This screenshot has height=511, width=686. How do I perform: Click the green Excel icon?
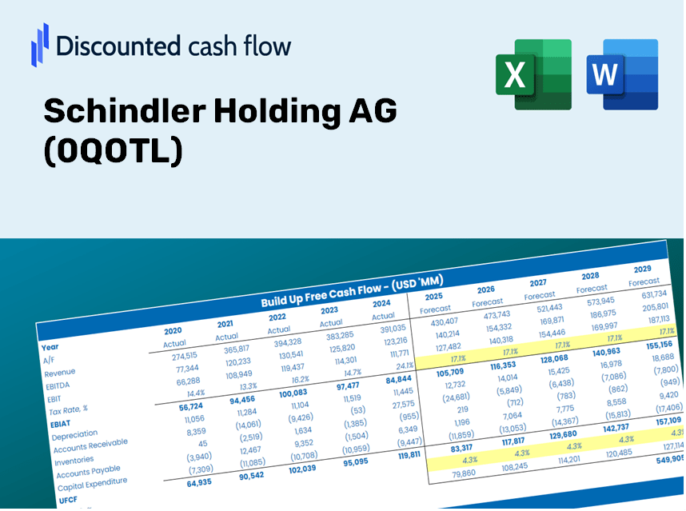[533, 74]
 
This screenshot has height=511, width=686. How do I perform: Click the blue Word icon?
[622, 74]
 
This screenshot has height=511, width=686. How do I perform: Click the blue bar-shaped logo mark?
[40, 44]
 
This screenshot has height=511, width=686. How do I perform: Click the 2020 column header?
[173, 330]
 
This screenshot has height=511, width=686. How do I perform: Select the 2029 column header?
[642, 269]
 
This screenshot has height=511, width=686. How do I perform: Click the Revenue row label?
[59, 372]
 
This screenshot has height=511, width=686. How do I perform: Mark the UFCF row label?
[68, 500]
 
